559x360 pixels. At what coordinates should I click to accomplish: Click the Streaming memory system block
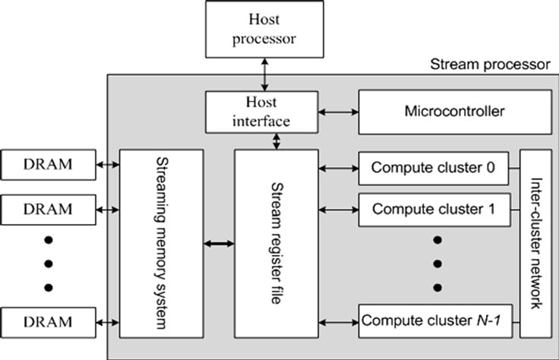pyautogui.click(x=161, y=243)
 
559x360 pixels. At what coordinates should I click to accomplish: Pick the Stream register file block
pyautogui.click(x=276, y=243)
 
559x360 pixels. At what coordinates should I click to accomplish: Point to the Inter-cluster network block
pyautogui.click(x=535, y=243)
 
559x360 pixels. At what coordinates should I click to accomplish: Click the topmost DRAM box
pyautogui.click(x=49, y=164)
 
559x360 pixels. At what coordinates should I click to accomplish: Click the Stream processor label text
pyautogui.click(x=489, y=64)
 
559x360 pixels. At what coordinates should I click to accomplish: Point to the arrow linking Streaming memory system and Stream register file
pyautogui.click(x=219, y=243)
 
